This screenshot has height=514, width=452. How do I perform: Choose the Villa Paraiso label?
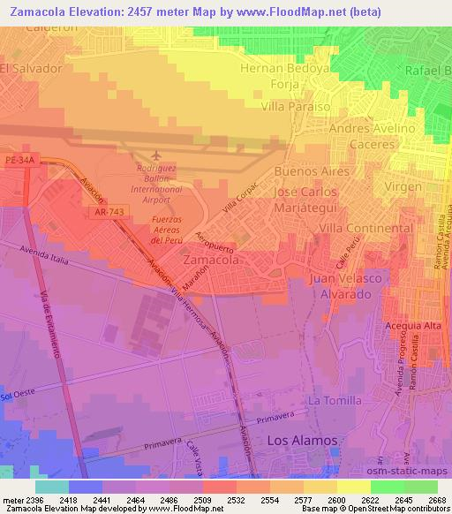click(x=297, y=106)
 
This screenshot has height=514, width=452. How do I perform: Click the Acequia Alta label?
click(x=410, y=327)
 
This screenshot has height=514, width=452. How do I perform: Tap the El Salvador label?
click(x=33, y=67)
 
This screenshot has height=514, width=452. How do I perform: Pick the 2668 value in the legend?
click(x=434, y=501)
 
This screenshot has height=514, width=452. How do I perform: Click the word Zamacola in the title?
click(x=71, y=9)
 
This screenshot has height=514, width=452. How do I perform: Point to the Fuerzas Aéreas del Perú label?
click(x=171, y=229)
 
